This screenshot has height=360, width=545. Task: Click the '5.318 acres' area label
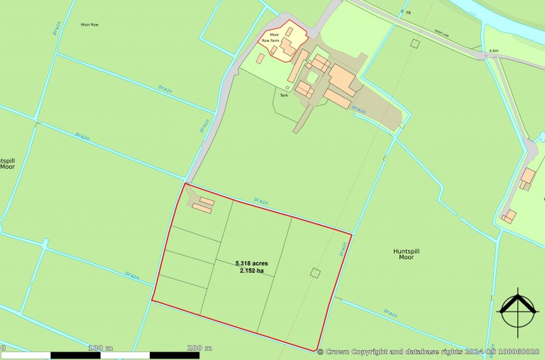pyautogui.click(x=252, y=263)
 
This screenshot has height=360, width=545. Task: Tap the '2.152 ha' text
pyautogui.click(x=252, y=271)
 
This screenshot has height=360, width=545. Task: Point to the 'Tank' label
pyautogui.click(x=284, y=95)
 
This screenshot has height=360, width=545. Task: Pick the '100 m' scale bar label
pyautogui.click(x=100, y=348)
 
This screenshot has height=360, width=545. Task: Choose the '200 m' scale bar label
pyautogui.click(x=199, y=348)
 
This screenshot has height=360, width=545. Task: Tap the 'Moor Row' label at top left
pyautogui.click(x=89, y=25)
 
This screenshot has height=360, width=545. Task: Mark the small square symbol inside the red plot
pyautogui.click(x=316, y=273)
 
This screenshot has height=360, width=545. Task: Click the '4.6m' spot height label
pyautogui.click(x=494, y=50)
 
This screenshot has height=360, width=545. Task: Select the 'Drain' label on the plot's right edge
pyautogui.click(x=343, y=249)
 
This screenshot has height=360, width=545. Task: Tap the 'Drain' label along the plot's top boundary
pyautogui.click(x=261, y=201)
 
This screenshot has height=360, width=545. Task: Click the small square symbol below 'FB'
pyautogui.click(x=414, y=43)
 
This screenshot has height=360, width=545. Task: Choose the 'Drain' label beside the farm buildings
pyautogui.click(x=359, y=111)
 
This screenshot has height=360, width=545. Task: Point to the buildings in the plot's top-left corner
pyautogui.click(x=203, y=204)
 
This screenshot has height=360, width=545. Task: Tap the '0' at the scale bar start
pyautogui.click(x=3, y=348)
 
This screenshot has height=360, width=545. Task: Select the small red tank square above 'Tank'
pyautogui.click(x=287, y=88)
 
